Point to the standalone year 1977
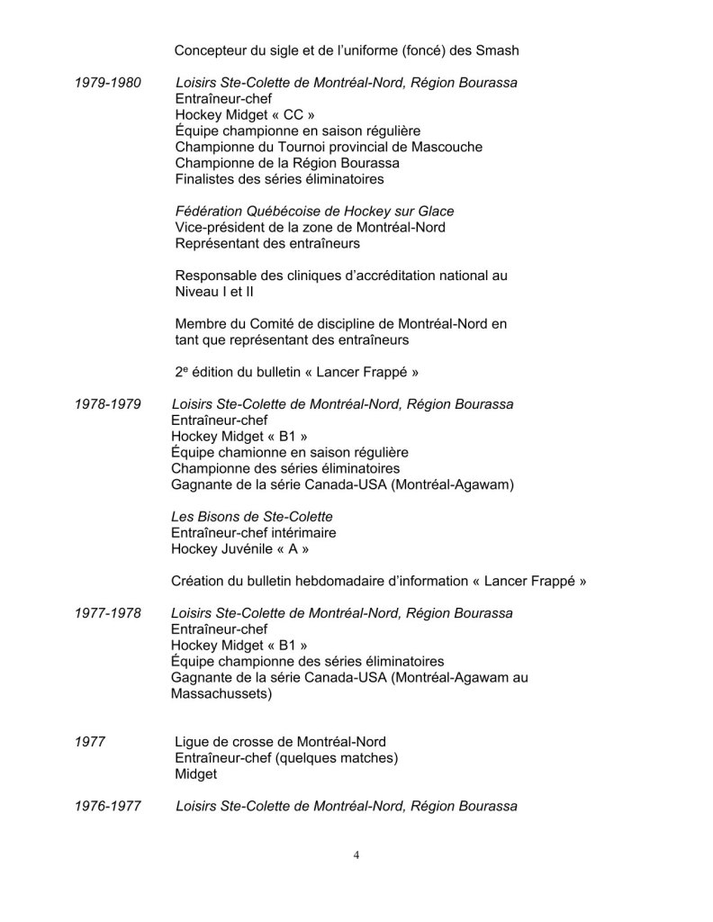91,742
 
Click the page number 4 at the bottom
356,855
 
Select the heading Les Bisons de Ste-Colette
251,517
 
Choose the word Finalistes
207,179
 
